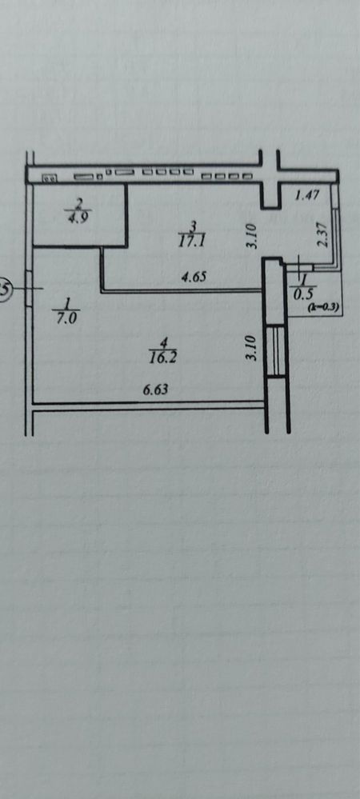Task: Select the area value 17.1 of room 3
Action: (x=190, y=241)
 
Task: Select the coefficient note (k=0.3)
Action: (x=324, y=307)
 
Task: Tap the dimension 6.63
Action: (x=155, y=390)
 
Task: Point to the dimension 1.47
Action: (x=307, y=194)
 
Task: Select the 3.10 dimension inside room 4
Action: (x=250, y=349)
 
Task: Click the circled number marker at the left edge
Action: (x=5, y=289)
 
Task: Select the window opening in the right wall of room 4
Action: (x=275, y=350)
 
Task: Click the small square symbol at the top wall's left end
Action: (x=50, y=178)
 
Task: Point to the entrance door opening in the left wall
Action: (x=29, y=289)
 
